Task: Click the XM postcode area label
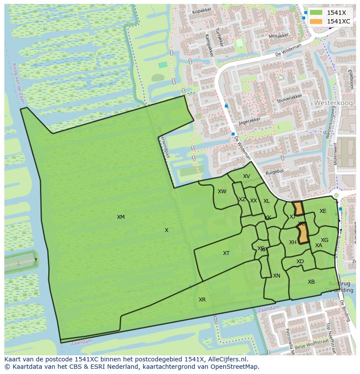click(x=121, y=217)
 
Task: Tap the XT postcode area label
click(x=226, y=253)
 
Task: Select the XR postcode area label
click(x=202, y=300)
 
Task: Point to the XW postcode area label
click(x=222, y=192)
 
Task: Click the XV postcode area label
click(x=247, y=176)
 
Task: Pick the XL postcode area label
click(x=267, y=201)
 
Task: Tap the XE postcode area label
click(x=323, y=211)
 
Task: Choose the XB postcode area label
click(x=311, y=282)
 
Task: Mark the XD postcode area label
click(x=300, y=261)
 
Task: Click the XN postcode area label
click(x=277, y=276)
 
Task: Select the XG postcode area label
click(x=324, y=240)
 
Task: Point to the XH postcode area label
click(x=293, y=242)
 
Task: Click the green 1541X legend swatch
click(x=316, y=13)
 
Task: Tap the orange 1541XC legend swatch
click(x=316, y=21)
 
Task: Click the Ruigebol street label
click(x=274, y=172)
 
